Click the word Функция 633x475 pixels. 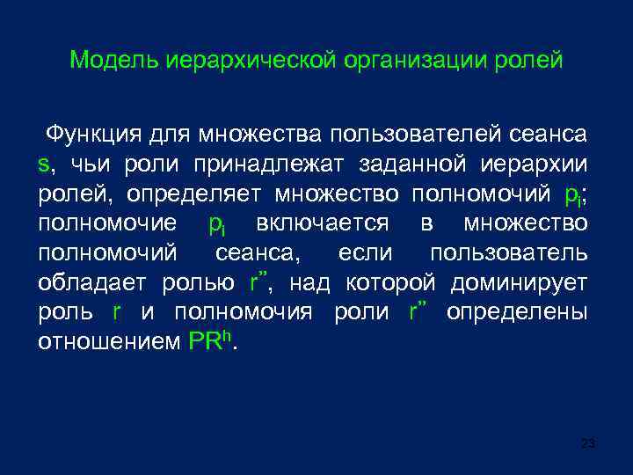(95, 135)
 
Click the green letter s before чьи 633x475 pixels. (43, 164)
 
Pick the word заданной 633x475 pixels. (418, 164)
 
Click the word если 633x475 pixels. (362, 253)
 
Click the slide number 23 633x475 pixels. (588, 443)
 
